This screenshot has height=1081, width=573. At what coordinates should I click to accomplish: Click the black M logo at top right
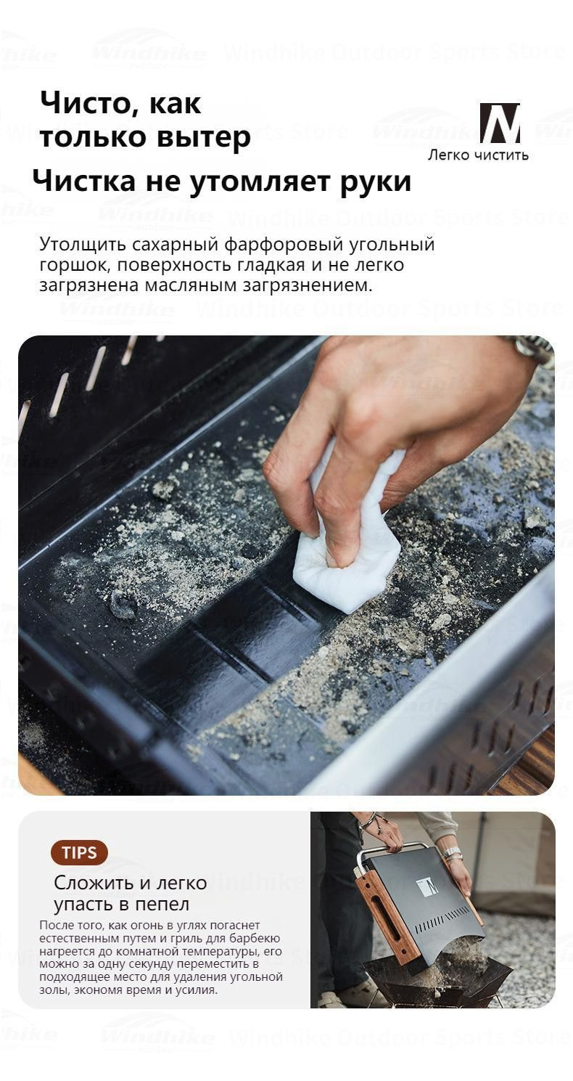click(499, 123)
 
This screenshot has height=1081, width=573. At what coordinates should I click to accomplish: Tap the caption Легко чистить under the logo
click(477, 155)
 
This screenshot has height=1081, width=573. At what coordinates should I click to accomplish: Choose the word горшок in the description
click(73, 265)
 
